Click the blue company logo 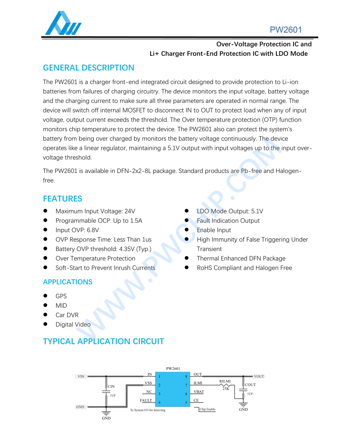[x=63, y=24]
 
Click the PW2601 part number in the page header [x=286, y=30]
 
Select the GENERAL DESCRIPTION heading [x=88, y=68]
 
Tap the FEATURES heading [x=62, y=199]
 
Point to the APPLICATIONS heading [x=67, y=282]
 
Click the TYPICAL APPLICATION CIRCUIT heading [x=103, y=342]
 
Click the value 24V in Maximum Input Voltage [x=129, y=211]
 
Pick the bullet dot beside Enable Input [x=186, y=230]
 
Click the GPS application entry [x=61, y=296]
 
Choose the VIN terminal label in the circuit [x=81, y=376]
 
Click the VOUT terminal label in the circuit [x=259, y=376]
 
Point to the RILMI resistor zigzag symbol [x=225, y=385]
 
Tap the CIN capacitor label [x=111, y=386]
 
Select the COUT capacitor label [x=250, y=385]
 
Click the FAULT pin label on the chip [x=146, y=400]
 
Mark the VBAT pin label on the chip [x=199, y=392]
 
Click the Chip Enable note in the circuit [x=208, y=410]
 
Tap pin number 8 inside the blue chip [x=186, y=376]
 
